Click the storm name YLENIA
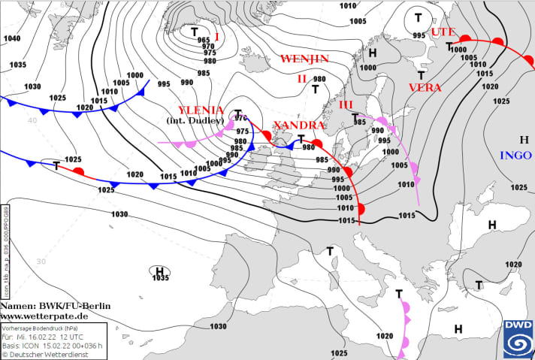pos(201,110)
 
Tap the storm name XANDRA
pos(298,125)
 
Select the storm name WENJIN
pos(304,59)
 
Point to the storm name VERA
pos(425,88)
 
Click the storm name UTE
pos(443,32)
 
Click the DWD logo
pos(518,336)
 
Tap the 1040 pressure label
pos(13,38)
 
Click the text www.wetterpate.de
pos(44,316)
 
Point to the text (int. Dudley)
pos(195,121)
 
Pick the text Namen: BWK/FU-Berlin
pos(55,307)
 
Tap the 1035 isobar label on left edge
pos(18,65)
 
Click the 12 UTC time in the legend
pos(78,337)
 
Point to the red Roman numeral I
pos(216,36)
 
